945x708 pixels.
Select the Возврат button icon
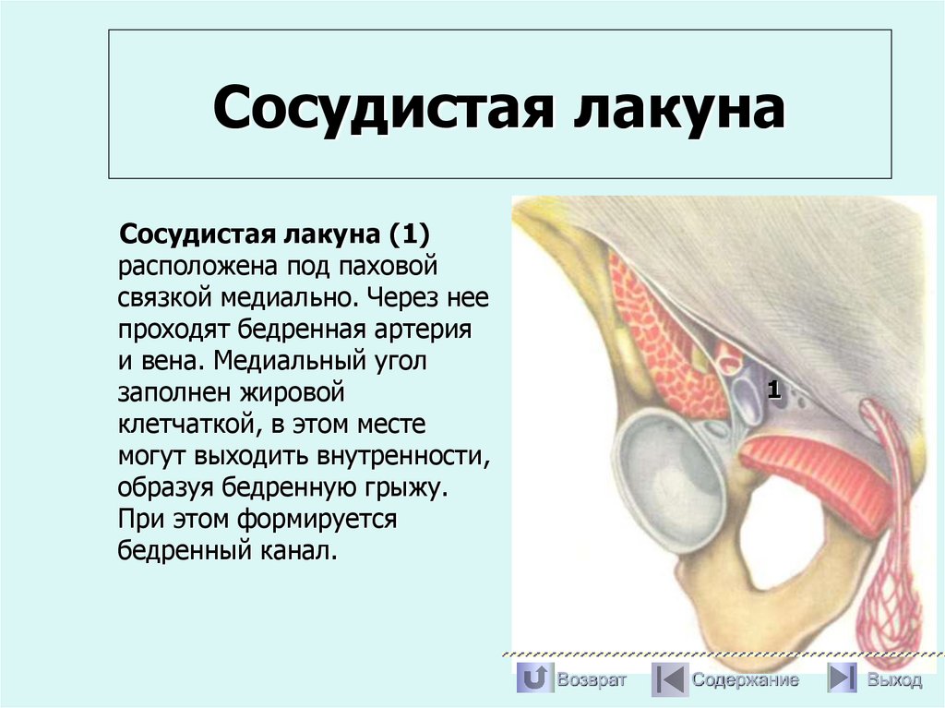pyautogui.click(x=533, y=679)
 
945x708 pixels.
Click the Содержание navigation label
pyautogui.click(x=745, y=680)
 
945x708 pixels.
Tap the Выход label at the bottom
pyautogui.click(x=893, y=680)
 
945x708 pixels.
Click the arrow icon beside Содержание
pyautogui.click(x=669, y=679)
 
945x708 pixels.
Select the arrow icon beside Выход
pyautogui.click(x=842, y=679)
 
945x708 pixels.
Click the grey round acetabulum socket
pyautogui.click(x=669, y=480)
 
